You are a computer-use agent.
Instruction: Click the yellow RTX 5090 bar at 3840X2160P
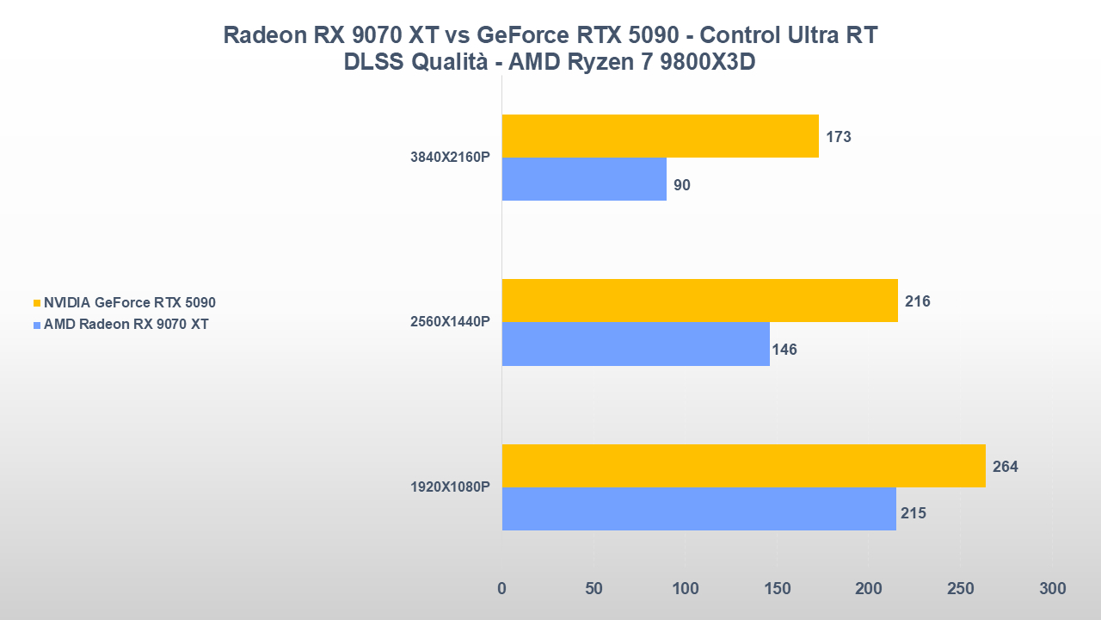coord(660,136)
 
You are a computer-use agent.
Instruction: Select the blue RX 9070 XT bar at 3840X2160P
coord(584,179)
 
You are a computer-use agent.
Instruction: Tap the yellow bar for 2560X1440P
coord(699,301)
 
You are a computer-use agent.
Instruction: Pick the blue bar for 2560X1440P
coord(636,344)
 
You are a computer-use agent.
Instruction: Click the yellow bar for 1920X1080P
coord(743,466)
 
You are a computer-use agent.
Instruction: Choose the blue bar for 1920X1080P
coord(698,509)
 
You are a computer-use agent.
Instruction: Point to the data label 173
coord(838,137)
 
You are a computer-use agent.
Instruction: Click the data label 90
coord(682,185)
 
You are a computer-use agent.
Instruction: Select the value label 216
coord(917,301)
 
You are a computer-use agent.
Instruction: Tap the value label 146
coord(784,350)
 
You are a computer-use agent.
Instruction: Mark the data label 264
coord(1005,467)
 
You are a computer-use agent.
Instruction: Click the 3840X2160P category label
coord(450,158)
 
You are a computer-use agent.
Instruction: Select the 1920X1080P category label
coord(450,487)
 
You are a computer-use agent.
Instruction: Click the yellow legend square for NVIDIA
coord(36,303)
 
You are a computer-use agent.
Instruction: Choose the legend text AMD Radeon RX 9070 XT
coord(126,325)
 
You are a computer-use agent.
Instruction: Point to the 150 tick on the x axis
coord(777,589)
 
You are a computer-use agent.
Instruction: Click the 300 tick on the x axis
coord(1052,589)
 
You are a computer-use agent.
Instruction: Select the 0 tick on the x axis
coord(501,589)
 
